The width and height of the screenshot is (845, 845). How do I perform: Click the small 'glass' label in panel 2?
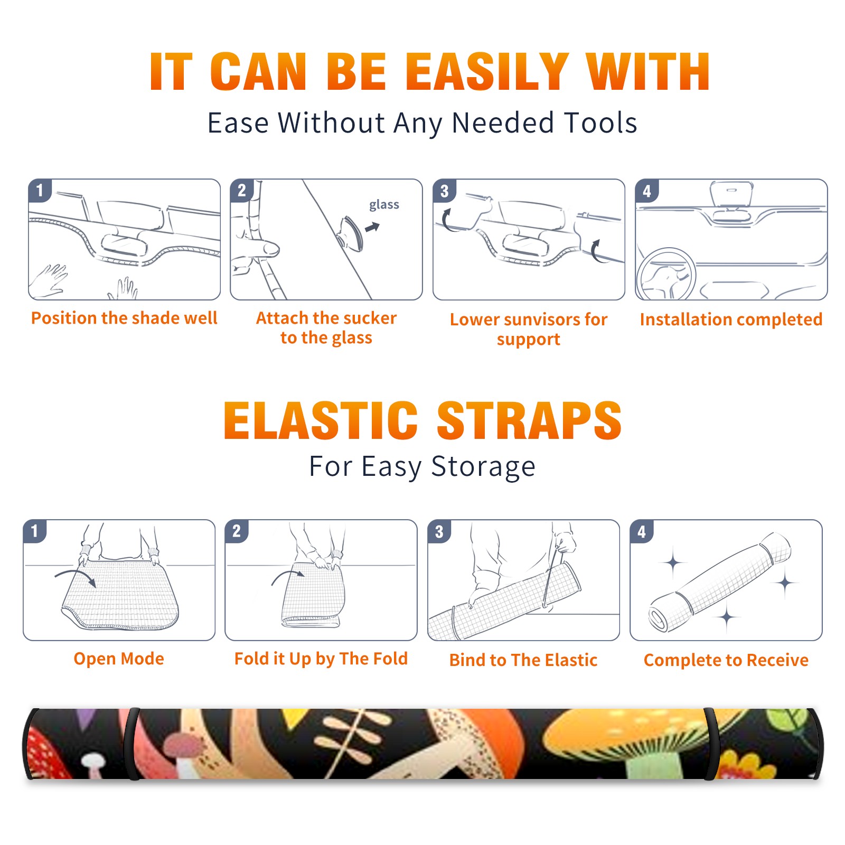[384, 205]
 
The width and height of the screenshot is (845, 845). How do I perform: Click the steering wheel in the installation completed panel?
[666, 274]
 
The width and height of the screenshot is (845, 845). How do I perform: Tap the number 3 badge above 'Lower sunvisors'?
[444, 191]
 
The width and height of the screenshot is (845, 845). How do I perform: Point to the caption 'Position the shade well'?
[124, 318]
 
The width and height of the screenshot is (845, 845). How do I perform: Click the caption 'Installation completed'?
[731, 320]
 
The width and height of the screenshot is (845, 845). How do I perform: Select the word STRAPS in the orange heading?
[530, 420]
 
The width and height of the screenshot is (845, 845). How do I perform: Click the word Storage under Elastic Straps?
[483, 467]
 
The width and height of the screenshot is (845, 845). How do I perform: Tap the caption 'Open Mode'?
[119, 659]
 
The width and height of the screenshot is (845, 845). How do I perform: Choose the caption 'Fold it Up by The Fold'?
[321, 659]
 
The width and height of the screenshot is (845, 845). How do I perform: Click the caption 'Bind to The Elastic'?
[523, 660]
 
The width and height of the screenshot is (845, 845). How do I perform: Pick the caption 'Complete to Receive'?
[726, 660]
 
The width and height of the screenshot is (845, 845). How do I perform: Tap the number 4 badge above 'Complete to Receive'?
[642, 531]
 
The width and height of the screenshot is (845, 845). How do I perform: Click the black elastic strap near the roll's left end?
[132, 744]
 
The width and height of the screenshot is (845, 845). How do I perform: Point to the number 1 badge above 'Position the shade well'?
[40, 190]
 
